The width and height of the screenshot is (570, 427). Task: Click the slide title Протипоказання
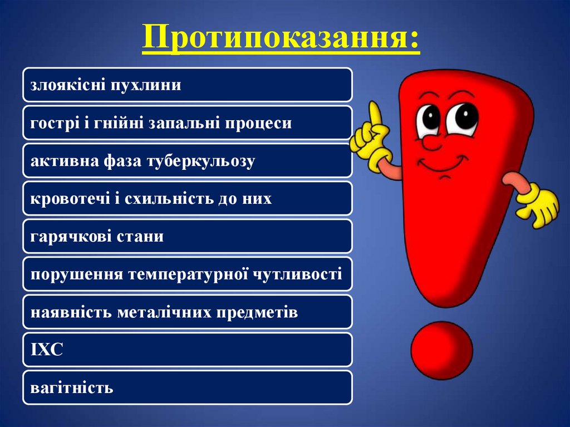281,38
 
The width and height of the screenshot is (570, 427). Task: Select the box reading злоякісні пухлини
187,85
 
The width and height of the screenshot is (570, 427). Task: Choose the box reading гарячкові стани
187,237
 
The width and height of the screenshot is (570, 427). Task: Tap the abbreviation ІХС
47,350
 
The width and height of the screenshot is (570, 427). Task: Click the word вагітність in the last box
72,387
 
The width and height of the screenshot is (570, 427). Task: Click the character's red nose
429,142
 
